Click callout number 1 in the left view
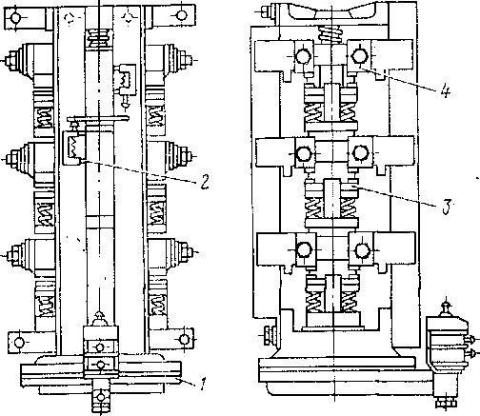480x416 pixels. [202, 384]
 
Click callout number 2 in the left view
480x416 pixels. [205, 182]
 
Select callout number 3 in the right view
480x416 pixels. [446, 208]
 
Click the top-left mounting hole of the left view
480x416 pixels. [15, 17]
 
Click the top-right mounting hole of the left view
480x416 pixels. [182, 15]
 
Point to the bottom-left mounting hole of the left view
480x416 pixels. [19, 343]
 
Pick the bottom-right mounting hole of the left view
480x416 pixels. [184, 339]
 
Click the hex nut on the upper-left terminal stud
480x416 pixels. [11, 60]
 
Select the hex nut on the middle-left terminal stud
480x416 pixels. [11, 158]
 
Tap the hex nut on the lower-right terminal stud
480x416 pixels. [188, 252]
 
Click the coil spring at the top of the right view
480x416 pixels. [331, 33]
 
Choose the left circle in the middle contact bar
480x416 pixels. [304, 153]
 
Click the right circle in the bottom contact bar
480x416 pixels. [361, 250]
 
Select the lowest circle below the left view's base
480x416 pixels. [101, 397]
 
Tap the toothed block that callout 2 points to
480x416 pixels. [74, 148]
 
